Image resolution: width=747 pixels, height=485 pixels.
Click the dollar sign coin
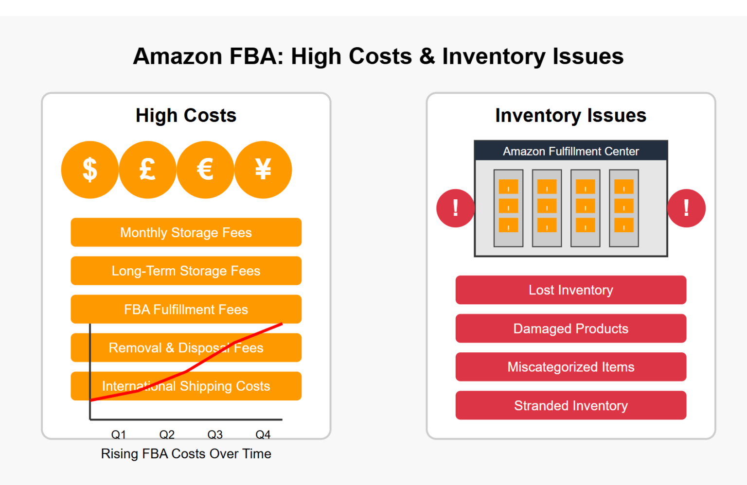pyautogui.click(x=89, y=170)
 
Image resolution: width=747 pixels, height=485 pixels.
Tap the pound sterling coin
pyautogui.click(x=147, y=170)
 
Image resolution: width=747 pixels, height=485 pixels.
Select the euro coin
pyautogui.click(x=205, y=170)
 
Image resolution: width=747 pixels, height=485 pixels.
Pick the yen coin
pyautogui.click(x=263, y=170)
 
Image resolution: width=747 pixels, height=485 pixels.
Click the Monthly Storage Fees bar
pyautogui.click(x=186, y=232)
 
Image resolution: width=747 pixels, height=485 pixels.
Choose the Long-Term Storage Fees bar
pyautogui.click(x=186, y=271)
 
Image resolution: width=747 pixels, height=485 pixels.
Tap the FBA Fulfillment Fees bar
pyautogui.click(x=186, y=309)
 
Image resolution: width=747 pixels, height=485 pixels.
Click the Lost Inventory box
pyautogui.click(x=570, y=290)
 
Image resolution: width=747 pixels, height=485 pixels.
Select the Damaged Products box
pyautogui.click(x=570, y=329)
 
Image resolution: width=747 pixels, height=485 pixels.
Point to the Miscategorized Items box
pyautogui.click(x=570, y=367)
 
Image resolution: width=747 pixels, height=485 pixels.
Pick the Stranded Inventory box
pyautogui.click(x=570, y=405)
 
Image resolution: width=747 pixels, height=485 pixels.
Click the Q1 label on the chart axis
pyautogui.click(x=119, y=434)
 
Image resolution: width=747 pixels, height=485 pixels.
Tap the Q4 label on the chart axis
pyautogui.click(x=263, y=434)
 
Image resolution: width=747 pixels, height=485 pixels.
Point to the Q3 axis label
pyautogui.click(x=215, y=434)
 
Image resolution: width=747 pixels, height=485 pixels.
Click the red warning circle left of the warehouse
pyautogui.click(x=455, y=208)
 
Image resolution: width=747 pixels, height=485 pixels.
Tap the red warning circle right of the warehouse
pyautogui.click(x=686, y=208)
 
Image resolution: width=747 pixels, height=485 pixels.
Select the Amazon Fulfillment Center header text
pyautogui.click(x=570, y=151)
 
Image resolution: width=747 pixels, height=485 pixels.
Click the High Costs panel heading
pyautogui.click(x=186, y=116)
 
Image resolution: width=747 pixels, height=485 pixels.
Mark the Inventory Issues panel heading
pyautogui.click(x=570, y=116)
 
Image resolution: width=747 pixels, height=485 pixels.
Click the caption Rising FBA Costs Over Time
pyautogui.click(x=186, y=453)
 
